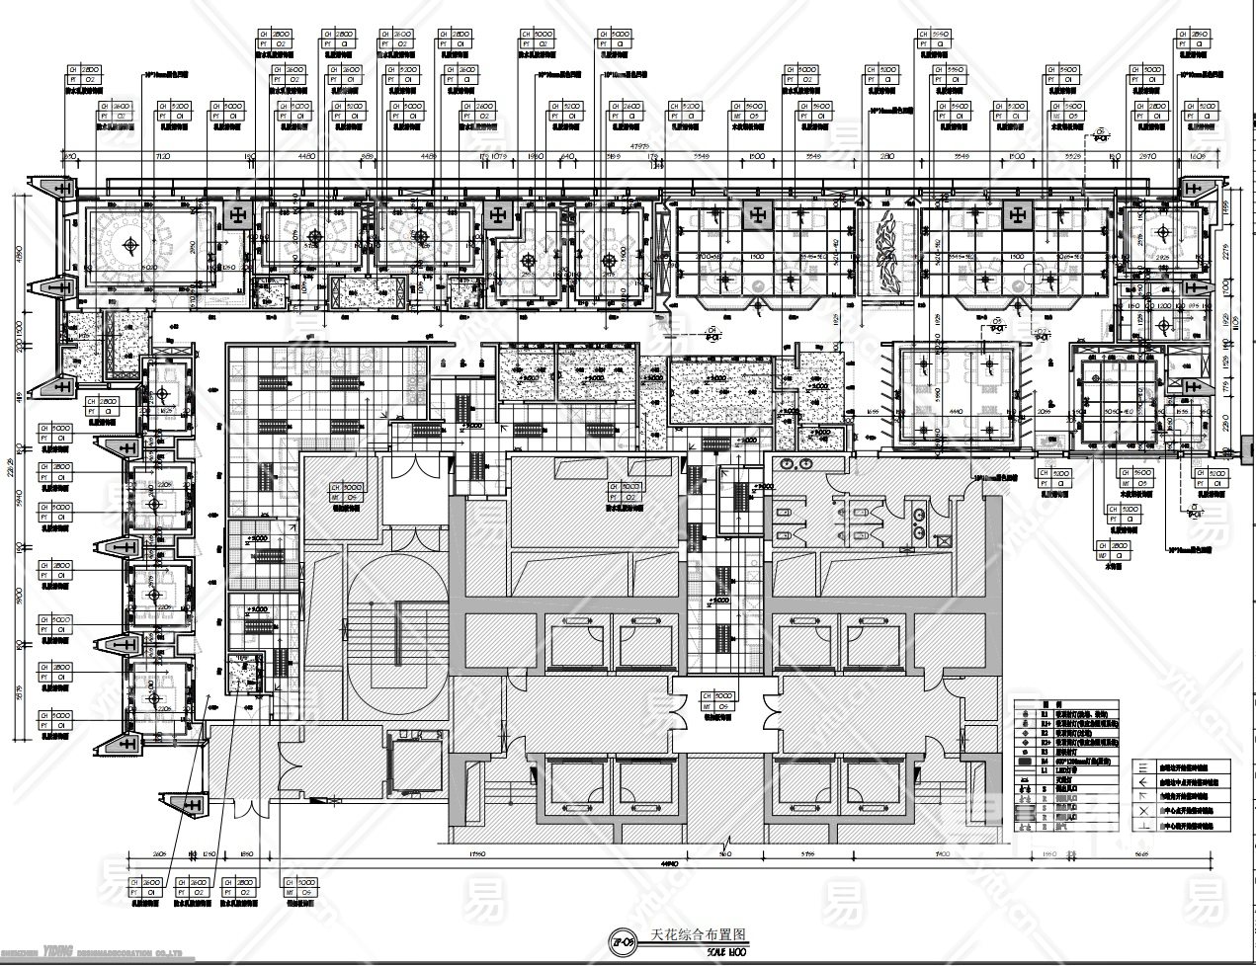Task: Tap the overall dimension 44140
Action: [x=672, y=862]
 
